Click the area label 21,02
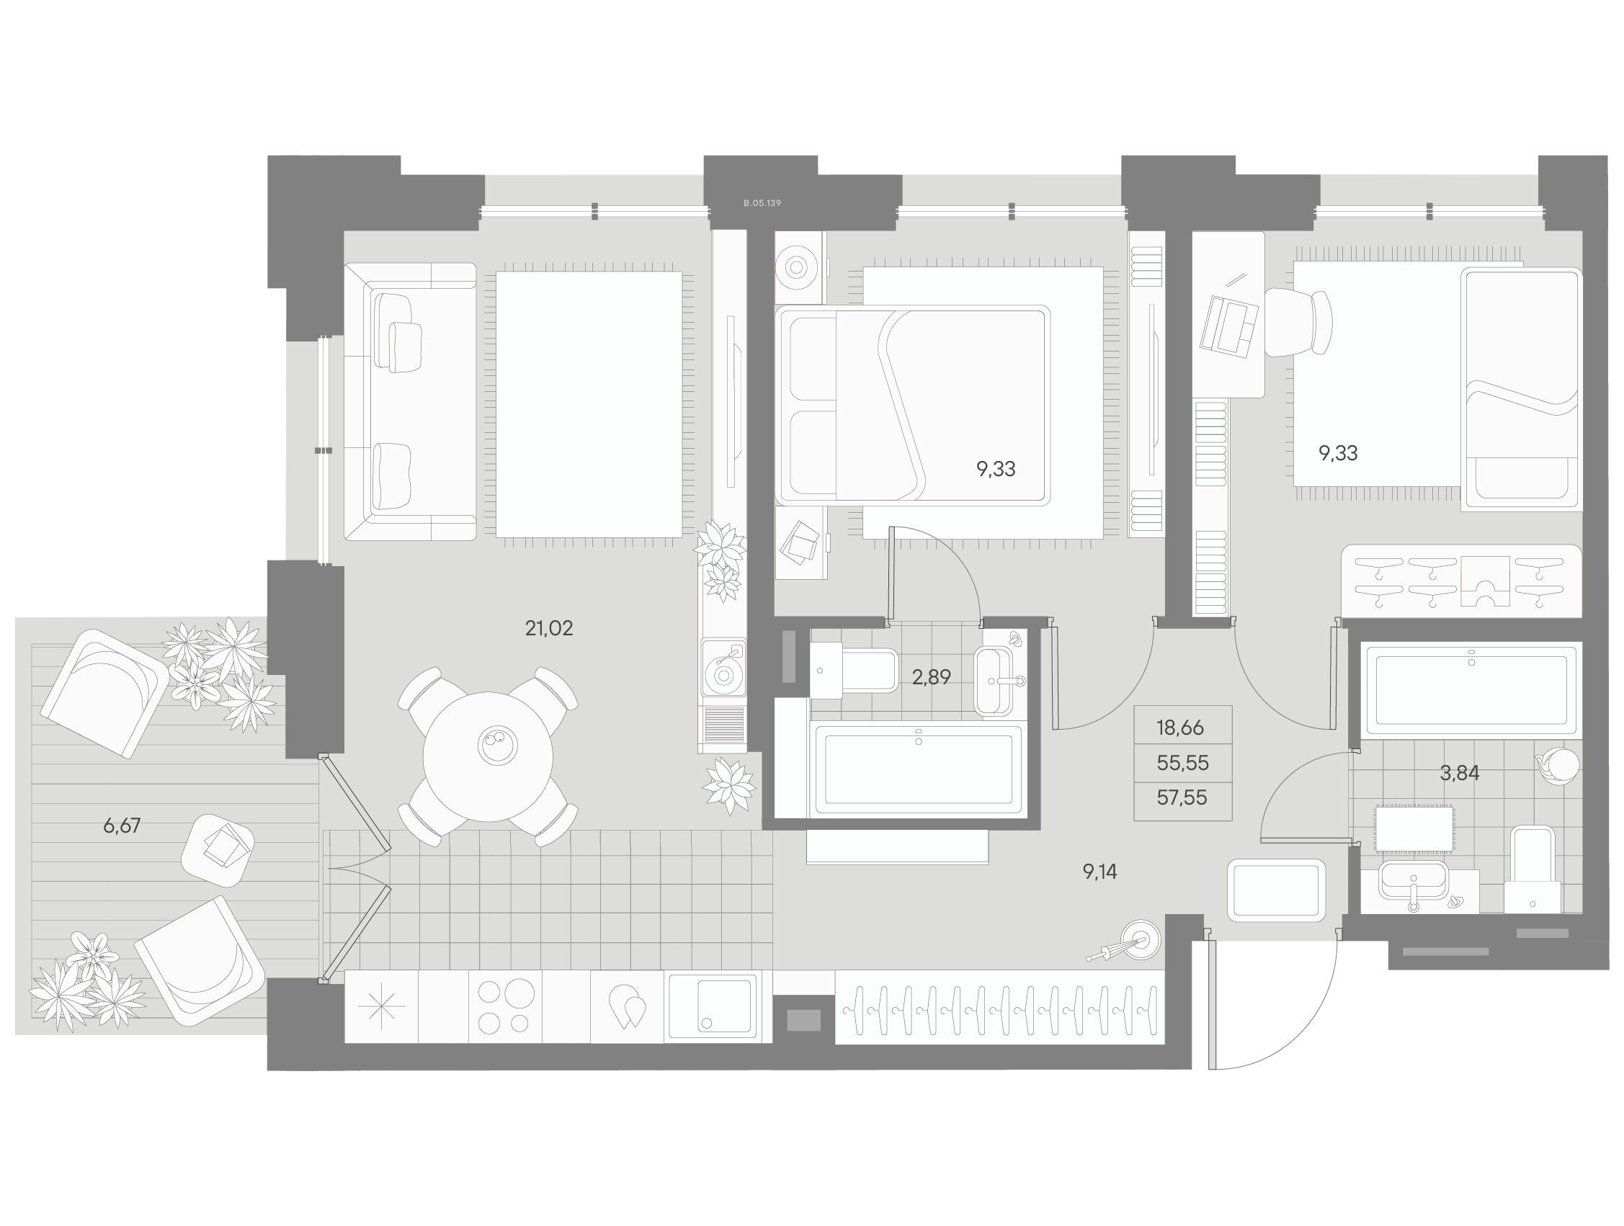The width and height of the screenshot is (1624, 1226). click(548, 628)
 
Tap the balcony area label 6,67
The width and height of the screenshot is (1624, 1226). click(122, 826)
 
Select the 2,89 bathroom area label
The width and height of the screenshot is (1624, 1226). click(931, 677)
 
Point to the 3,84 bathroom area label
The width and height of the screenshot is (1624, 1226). click(1459, 773)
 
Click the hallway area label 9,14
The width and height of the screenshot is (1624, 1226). click(1099, 872)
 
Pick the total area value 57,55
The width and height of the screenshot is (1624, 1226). click(1182, 797)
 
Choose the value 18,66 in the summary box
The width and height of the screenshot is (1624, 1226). click(1181, 728)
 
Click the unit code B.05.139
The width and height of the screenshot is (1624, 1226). click(762, 202)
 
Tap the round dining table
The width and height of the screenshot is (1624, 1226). click(488, 757)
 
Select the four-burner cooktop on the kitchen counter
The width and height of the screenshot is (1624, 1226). click(504, 1006)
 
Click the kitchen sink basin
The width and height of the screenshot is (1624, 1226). click(710, 1005)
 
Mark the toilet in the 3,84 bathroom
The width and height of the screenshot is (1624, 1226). click(1532, 870)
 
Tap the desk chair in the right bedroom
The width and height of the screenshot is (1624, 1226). click(1299, 322)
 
